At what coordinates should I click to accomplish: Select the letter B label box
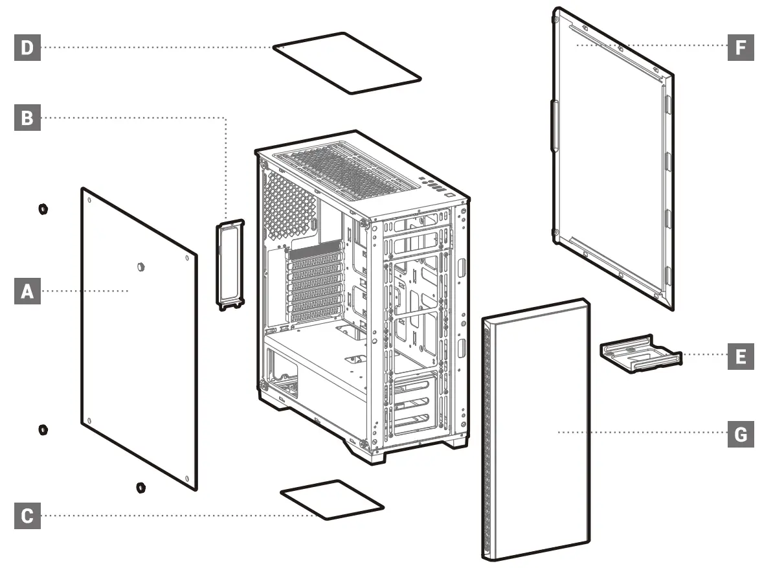point(27,118)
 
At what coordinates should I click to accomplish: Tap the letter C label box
point(27,516)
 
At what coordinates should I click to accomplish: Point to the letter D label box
point(27,47)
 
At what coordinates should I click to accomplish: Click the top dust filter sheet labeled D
point(347,62)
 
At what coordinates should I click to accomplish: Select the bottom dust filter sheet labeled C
point(331,499)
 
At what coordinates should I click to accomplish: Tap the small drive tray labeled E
point(640,354)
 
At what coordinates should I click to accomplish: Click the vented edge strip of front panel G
point(487,440)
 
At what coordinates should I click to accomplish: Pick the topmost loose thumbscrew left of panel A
point(43,209)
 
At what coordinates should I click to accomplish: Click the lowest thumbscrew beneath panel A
point(140,487)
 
